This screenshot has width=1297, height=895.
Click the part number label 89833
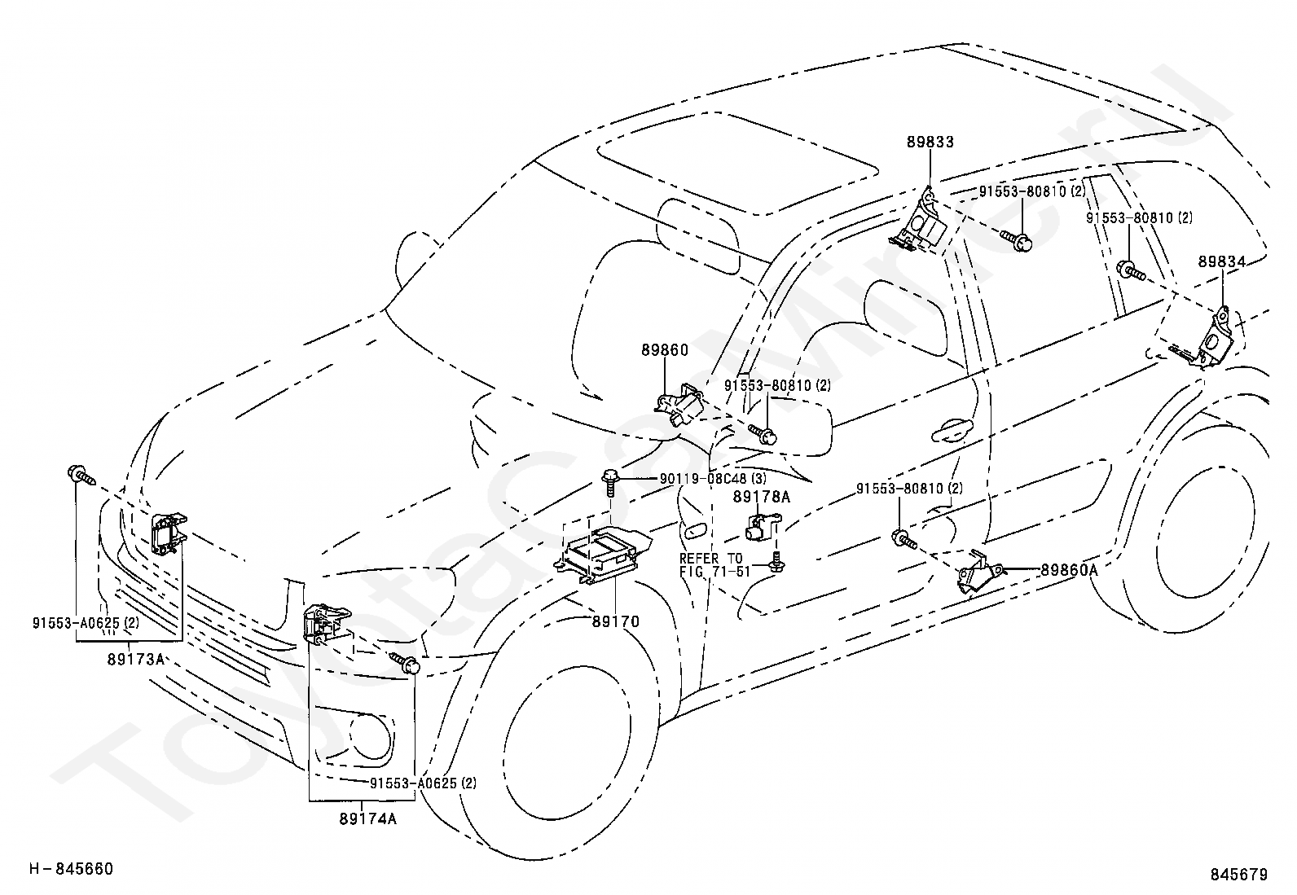930,142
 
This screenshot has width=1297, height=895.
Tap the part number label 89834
1222,261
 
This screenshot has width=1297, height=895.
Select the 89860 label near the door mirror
665,350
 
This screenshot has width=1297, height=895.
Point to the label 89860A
1070,570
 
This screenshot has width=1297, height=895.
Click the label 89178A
762,497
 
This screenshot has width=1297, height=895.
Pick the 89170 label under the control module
615,621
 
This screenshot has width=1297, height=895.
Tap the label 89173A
136,660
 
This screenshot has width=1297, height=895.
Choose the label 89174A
368,819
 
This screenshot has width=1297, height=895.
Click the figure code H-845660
71,869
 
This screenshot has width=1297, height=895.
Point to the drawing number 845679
1239,874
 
